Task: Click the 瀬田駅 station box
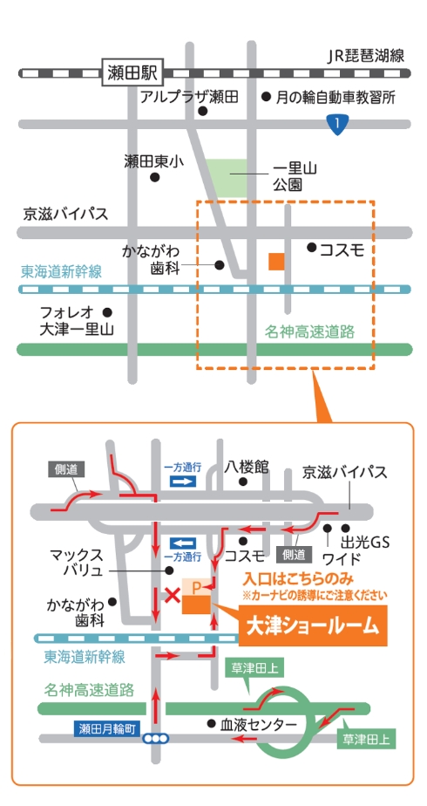(x=132, y=73)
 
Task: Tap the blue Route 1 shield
(x=337, y=125)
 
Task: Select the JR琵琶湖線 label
(x=367, y=56)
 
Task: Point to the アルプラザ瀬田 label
(x=189, y=96)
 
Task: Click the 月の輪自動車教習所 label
(x=336, y=96)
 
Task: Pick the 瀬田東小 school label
(x=153, y=162)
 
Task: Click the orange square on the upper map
(x=276, y=261)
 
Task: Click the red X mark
(x=173, y=596)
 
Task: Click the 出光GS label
(x=365, y=542)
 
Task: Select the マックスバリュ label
(x=77, y=563)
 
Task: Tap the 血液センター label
(x=259, y=724)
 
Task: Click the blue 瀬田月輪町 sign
(x=107, y=728)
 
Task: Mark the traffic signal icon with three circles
(x=156, y=739)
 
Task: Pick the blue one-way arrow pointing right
(x=183, y=482)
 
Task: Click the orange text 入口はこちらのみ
(x=298, y=580)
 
